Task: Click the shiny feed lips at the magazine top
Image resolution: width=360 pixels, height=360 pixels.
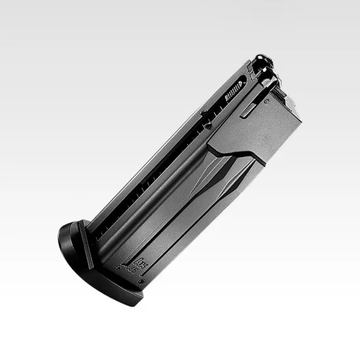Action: pos(264,66)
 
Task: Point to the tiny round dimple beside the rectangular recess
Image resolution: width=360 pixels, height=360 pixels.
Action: pos(266,102)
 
